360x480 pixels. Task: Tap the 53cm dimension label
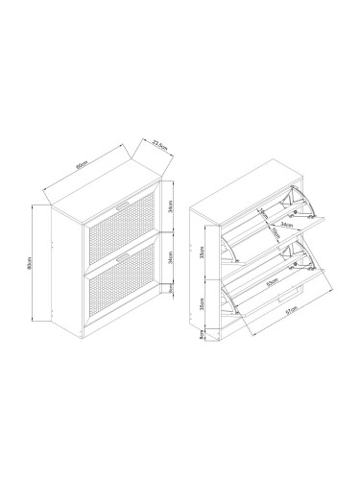pos(274,285)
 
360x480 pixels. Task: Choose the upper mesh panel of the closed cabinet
pos(119,230)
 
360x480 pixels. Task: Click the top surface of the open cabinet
pos(245,187)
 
